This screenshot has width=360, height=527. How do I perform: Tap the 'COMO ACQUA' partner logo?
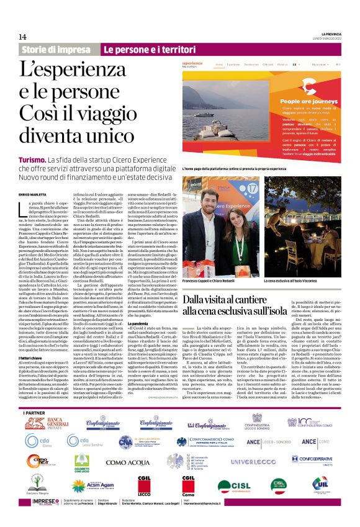[128, 463]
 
